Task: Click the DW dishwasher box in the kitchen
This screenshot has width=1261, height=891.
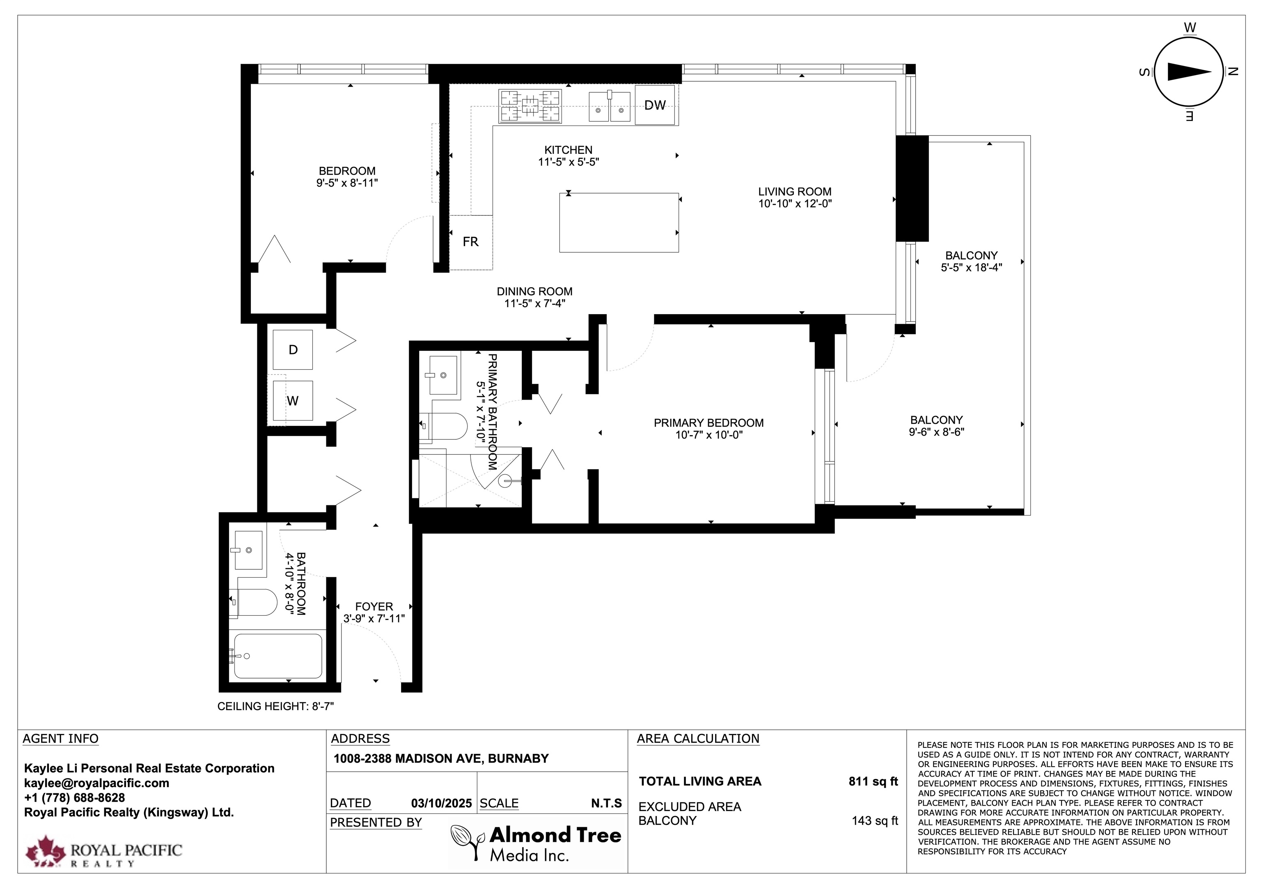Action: (655, 105)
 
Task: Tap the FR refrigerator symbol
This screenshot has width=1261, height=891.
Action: (471, 242)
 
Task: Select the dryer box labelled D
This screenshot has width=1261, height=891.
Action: (293, 350)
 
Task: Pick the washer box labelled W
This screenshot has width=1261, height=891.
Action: (293, 401)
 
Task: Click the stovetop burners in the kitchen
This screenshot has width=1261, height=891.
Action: (530, 106)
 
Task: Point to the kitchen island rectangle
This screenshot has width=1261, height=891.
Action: (619, 222)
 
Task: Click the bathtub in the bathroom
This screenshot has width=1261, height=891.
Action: (278, 656)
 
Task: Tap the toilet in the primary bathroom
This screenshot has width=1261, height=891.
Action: (443, 427)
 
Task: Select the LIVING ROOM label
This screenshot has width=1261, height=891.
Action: (795, 192)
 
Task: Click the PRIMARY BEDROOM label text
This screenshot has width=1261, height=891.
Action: (708, 423)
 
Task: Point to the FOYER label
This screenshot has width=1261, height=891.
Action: (374, 607)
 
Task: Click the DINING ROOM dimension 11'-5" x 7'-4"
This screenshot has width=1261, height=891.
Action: (535, 304)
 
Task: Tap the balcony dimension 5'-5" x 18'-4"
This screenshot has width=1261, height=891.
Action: (972, 267)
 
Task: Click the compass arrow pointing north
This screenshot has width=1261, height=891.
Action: (1190, 72)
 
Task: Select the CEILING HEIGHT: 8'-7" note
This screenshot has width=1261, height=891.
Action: (276, 706)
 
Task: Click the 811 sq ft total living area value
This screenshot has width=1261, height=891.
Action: (873, 781)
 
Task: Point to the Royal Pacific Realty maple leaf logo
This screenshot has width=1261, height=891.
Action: (46, 852)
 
